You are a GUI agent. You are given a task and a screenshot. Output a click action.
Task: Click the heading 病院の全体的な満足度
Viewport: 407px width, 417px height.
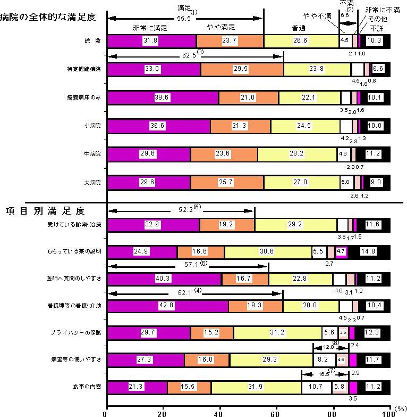[x=48, y=17]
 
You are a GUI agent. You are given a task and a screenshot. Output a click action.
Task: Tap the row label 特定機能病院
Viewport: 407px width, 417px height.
[x=84, y=69]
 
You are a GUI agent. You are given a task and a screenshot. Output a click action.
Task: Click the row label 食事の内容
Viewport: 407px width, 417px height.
[x=88, y=386]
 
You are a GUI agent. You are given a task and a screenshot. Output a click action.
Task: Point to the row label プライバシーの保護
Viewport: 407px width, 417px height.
[x=80, y=332]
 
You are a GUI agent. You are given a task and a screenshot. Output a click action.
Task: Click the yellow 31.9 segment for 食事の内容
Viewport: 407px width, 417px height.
[x=256, y=387]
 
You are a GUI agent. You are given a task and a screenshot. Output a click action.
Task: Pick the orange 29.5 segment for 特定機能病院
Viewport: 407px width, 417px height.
[x=242, y=69]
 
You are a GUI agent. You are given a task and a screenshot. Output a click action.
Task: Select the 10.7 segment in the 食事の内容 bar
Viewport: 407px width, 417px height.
[x=317, y=387]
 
